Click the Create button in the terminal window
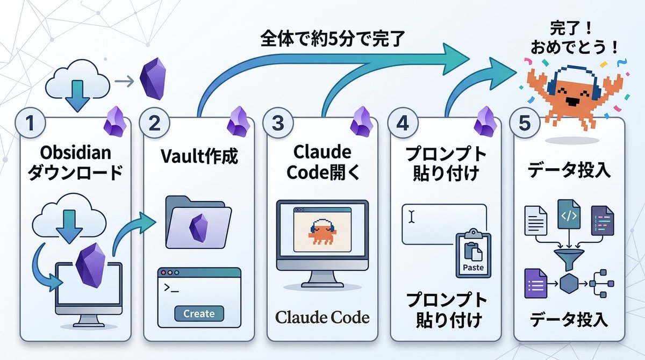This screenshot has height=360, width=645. pyautogui.click(x=199, y=313)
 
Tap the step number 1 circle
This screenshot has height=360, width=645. pyautogui.click(x=30, y=123)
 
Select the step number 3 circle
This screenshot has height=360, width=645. pyautogui.click(x=278, y=123)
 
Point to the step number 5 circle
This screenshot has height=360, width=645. pyautogui.click(x=525, y=123)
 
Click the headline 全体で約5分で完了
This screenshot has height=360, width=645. pyautogui.click(x=333, y=38)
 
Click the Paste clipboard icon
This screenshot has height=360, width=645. pyautogui.click(x=474, y=253)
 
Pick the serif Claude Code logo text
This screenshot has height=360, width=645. pyautogui.click(x=322, y=317)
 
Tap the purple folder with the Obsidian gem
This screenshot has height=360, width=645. pyautogui.click(x=198, y=222)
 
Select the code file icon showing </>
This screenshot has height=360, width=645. pyautogui.click(x=569, y=214)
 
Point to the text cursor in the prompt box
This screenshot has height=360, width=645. pyautogui.click(x=412, y=217)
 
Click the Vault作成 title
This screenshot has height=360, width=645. pyautogui.click(x=199, y=156)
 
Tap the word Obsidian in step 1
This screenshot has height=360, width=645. pyautogui.click(x=75, y=153)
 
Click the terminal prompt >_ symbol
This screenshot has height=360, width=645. pyautogui.click(x=171, y=288)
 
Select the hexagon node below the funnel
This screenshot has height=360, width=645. pyautogui.click(x=569, y=284)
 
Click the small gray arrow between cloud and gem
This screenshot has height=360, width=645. pyautogui.click(x=124, y=81)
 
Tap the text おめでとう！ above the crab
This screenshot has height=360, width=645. pyautogui.click(x=574, y=47)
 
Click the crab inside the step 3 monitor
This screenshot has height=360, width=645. pyautogui.click(x=322, y=232)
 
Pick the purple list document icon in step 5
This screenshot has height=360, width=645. pyautogui.click(x=535, y=284)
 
